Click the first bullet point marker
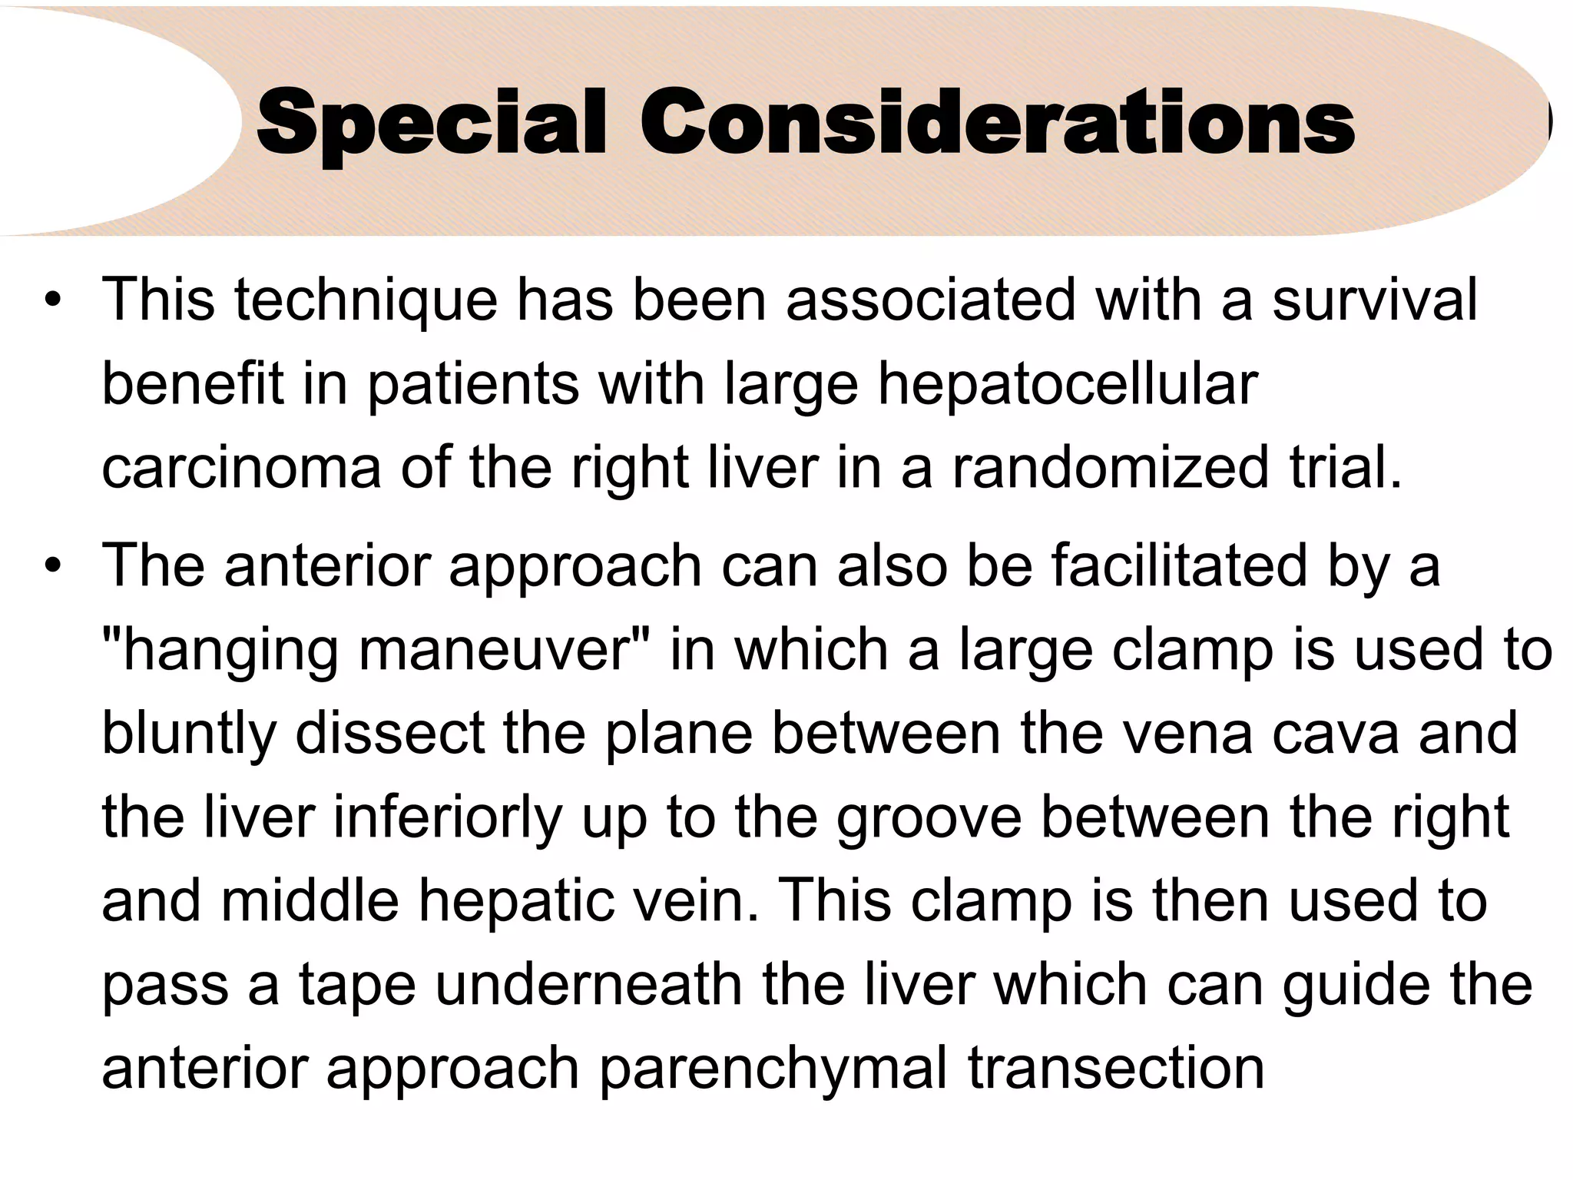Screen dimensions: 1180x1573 tap(52, 300)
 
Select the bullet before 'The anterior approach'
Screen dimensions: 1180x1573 tap(52, 567)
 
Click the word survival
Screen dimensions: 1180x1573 tap(1374, 300)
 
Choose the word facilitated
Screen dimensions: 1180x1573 tap(1178, 567)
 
